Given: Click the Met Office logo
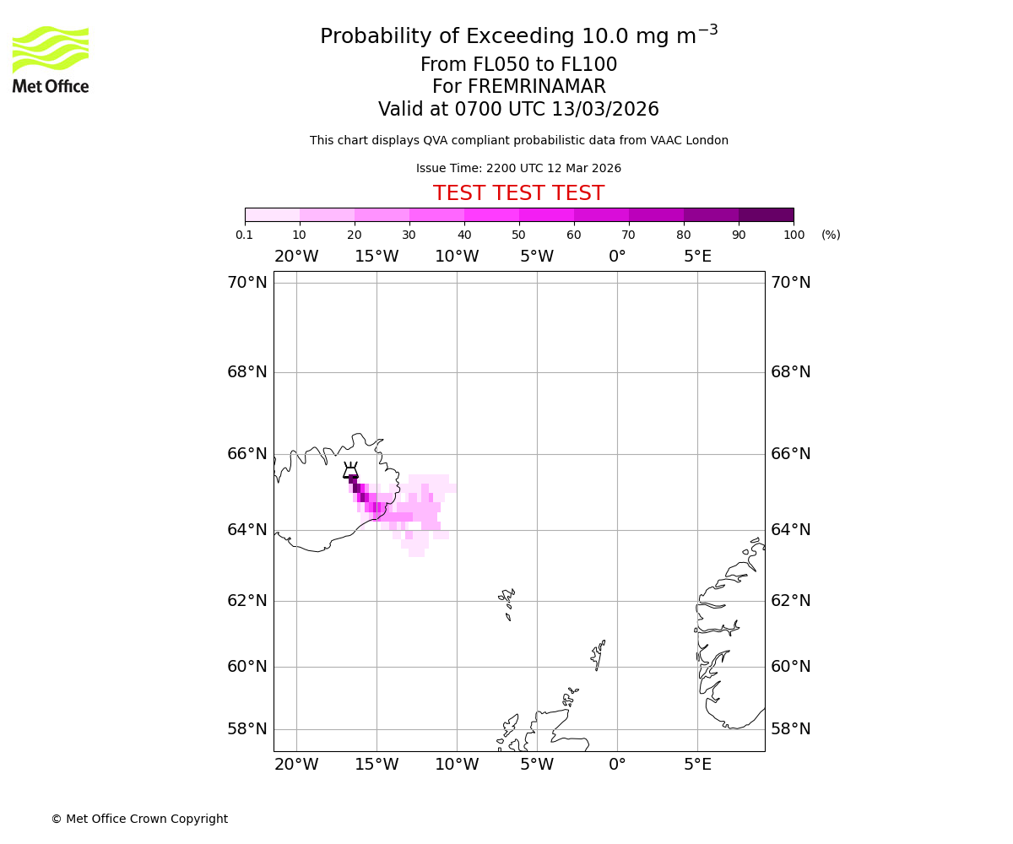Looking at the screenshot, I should point(51,59).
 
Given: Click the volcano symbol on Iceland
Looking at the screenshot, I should point(350,471).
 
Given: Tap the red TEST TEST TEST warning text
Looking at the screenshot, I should point(518,193).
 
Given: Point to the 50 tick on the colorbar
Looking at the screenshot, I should point(519,222).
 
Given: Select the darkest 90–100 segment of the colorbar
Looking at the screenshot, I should point(766,214).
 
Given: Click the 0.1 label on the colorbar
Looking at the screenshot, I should point(245,235).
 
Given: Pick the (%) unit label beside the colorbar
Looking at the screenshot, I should point(831,235).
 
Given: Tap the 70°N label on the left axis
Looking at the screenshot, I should point(246,283).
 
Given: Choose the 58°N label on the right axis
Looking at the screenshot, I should point(790,729).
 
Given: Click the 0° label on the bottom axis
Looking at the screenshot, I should point(617,765).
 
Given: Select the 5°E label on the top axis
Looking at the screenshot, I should point(697,257).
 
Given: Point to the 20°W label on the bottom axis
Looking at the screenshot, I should point(296,765).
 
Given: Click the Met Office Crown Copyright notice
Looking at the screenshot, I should point(139,819).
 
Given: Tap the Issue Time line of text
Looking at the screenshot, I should point(518,168).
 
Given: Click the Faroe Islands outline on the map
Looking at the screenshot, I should point(508,603).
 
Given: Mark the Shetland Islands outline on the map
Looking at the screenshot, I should point(599,653).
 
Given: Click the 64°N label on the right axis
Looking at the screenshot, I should point(790,530).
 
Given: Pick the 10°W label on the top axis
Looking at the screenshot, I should point(457,257).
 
